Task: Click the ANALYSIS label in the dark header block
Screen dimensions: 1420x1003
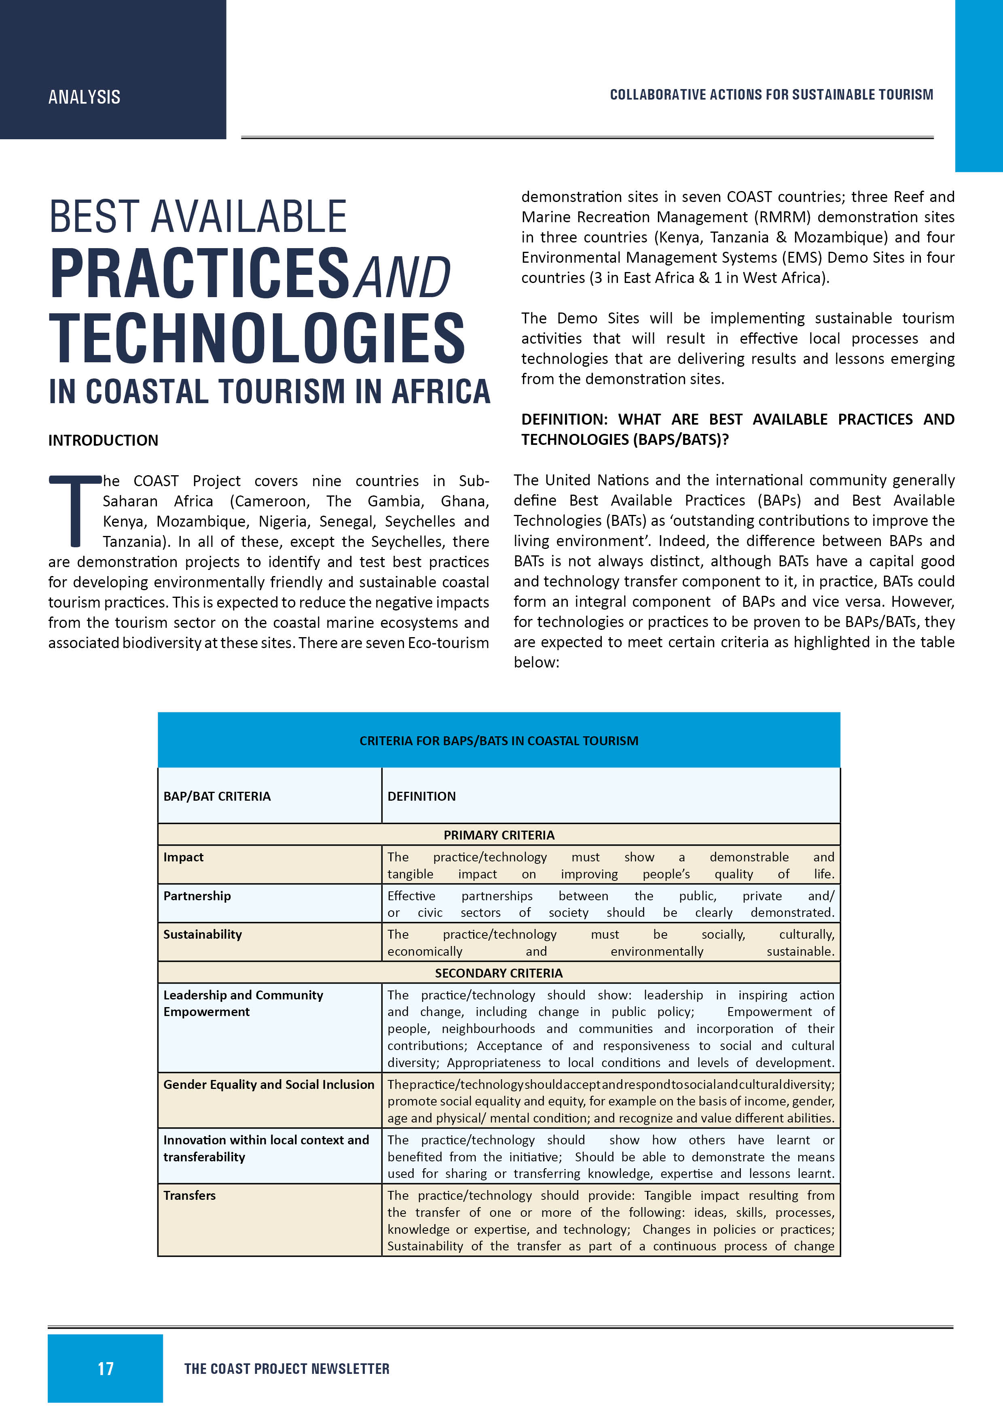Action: (x=84, y=97)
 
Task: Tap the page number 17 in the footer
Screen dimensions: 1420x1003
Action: (x=106, y=1369)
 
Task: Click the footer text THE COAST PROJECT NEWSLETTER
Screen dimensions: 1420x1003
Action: (x=287, y=1369)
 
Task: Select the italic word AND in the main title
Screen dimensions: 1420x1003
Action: (x=403, y=276)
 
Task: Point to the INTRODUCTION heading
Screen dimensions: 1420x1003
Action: (x=103, y=440)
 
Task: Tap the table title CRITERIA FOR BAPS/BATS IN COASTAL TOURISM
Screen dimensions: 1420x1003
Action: (x=499, y=741)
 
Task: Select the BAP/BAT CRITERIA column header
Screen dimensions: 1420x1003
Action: (x=217, y=797)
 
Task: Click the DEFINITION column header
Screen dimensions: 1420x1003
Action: (x=421, y=797)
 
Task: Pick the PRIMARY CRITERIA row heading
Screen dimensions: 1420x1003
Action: (x=499, y=835)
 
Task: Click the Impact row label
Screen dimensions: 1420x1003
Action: (x=184, y=857)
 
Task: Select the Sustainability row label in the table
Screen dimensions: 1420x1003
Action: (x=203, y=935)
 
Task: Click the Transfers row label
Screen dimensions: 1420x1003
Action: (x=190, y=1195)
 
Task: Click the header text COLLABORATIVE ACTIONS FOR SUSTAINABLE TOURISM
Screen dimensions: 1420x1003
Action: (x=771, y=95)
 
